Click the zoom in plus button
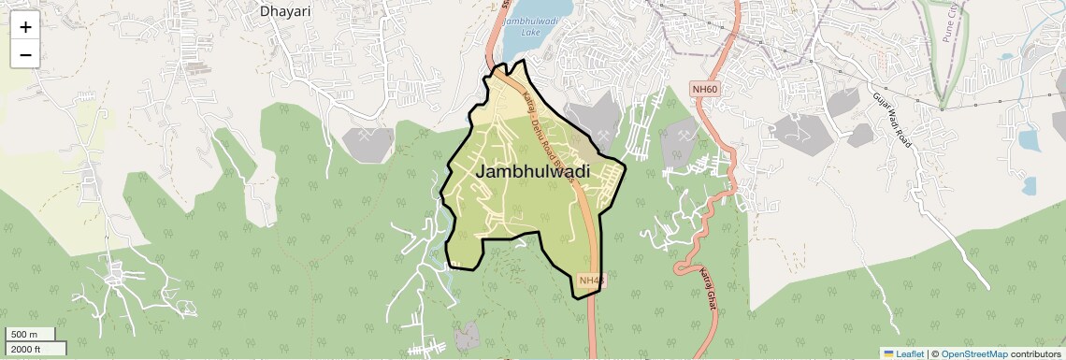pos(25,26)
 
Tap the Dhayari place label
pos(285,12)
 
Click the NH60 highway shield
pos(704,89)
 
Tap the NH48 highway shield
pos(592,280)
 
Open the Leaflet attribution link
pos(910,353)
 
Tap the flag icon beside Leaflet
pos(889,353)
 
